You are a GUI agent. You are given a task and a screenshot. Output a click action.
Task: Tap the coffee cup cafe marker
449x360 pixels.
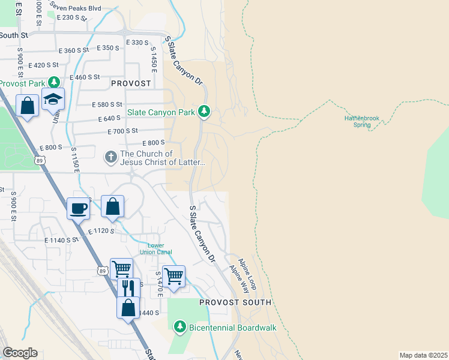[x=79, y=209]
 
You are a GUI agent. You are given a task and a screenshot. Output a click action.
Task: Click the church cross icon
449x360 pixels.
[x=110, y=157]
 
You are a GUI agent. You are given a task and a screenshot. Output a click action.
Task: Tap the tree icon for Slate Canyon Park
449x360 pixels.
[x=205, y=112]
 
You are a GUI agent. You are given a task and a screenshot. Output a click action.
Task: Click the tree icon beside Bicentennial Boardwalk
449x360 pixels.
[x=179, y=327]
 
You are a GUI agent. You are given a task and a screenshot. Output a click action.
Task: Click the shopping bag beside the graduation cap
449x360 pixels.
[x=28, y=106]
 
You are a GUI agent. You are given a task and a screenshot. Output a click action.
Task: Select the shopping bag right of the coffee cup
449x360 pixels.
[x=112, y=207]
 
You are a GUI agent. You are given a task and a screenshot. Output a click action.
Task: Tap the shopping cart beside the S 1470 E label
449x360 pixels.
[x=173, y=277]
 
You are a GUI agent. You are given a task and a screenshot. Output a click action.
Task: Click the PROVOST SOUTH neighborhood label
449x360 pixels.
[x=235, y=302]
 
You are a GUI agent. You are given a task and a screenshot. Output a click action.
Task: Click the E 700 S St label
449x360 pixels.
[x=122, y=131]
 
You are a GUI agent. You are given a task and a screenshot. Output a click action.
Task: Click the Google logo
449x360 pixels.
[x=20, y=353]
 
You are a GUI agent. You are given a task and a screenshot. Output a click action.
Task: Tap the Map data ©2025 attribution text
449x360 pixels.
[x=423, y=355]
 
